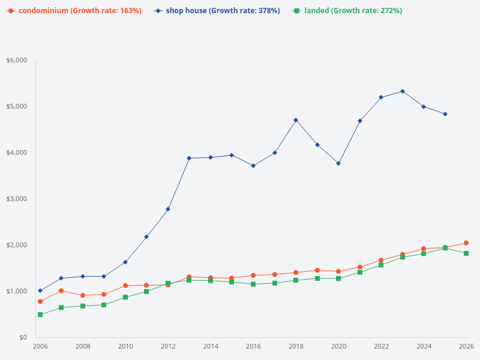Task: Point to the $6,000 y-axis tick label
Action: (17, 61)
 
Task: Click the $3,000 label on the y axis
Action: (17, 199)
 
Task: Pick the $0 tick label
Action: (23, 338)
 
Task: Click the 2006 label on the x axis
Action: (40, 347)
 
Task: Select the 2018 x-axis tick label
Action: (296, 347)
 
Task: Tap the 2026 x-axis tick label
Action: (466, 347)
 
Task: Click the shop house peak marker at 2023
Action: (403, 91)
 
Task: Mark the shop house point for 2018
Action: (296, 120)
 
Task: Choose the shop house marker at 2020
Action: (338, 163)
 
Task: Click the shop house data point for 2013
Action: (189, 158)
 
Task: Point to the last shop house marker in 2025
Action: (445, 114)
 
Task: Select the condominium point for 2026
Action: (466, 243)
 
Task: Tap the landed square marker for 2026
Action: (466, 253)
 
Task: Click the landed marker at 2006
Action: (40, 314)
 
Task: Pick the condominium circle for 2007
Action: (61, 291)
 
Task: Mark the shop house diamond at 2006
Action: (40, 290)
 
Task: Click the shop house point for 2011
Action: (146, 236)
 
